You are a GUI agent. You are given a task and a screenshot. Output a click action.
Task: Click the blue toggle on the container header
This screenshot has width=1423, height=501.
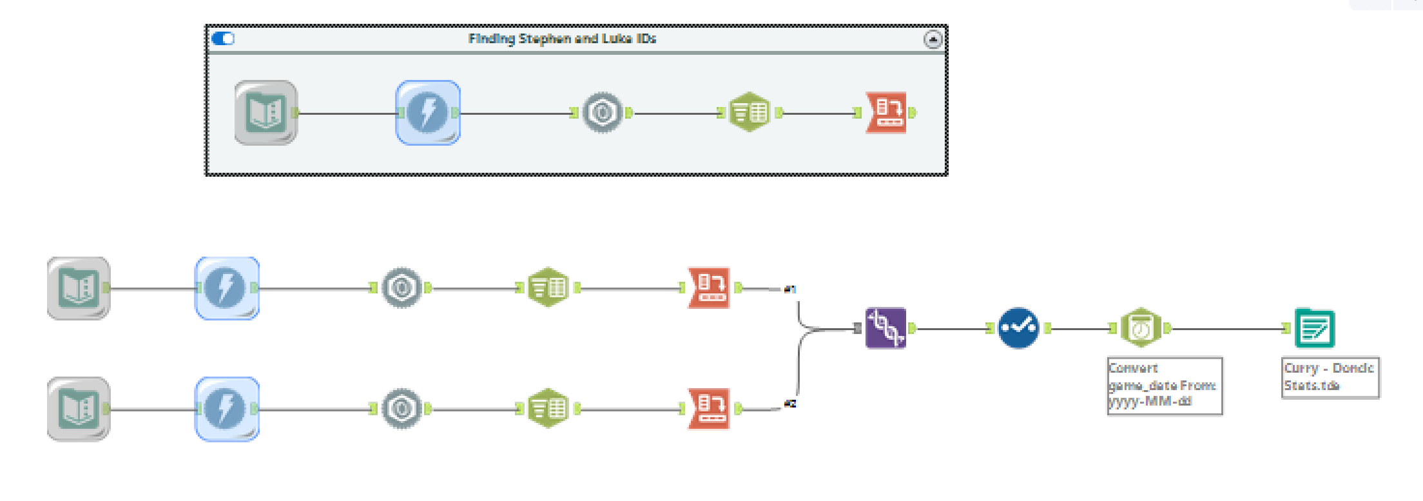pos(223,39)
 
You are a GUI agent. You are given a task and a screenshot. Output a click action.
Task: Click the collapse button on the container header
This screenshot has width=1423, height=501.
pos(933,39)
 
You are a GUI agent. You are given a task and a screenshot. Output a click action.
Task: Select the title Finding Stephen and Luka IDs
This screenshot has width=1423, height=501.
pos(562,39)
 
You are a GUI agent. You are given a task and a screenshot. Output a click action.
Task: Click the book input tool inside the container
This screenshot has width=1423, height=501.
pos(266,113)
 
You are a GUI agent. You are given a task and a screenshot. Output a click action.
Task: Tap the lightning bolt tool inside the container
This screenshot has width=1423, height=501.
pos(428,113)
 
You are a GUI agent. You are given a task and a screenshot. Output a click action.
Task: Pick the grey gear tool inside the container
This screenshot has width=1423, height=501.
pos(603,113)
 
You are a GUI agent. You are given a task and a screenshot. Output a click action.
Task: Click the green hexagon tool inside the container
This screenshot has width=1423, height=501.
pos(750,113)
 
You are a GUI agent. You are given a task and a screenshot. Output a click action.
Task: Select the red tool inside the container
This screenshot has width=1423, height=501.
pos(887,113)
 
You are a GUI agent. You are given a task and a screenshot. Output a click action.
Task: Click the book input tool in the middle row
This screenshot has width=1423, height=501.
pos(79,288)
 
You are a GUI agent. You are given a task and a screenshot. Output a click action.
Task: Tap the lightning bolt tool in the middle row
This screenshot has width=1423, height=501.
pos(227,288)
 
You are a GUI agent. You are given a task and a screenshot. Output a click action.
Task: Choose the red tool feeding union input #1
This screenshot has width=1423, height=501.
pos(709,288)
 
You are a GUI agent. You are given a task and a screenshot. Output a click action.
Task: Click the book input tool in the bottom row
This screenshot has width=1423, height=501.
pos(79,409)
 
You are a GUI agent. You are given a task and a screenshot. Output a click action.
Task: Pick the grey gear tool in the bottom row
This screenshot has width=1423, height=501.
pos(402,409)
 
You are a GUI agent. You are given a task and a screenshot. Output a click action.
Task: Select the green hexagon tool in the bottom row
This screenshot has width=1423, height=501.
pos(548,409)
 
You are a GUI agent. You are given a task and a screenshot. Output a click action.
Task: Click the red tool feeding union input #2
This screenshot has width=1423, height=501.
pos(709,409)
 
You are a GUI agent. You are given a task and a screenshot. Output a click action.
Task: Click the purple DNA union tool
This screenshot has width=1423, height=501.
pos(886,328)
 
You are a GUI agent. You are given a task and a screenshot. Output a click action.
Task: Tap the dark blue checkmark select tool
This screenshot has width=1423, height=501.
pos(1018,328)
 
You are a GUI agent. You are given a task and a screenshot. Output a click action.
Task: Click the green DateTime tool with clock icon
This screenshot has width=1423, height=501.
pos(1141,328)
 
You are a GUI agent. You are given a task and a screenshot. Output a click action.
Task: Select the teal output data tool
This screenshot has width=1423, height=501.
pos(1315,328)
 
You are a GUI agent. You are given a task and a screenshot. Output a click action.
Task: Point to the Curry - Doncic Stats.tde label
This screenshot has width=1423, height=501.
pos(1329,377)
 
